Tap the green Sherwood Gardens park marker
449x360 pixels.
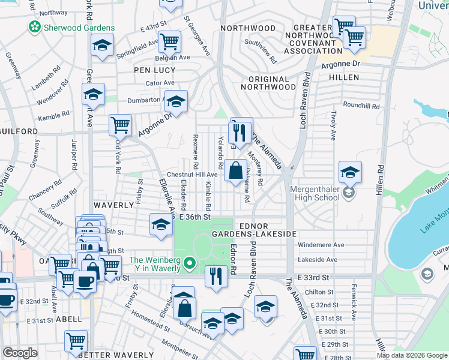[x=34, y=28]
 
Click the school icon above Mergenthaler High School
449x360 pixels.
[x=350, y=173]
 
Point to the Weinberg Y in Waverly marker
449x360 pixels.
[x=190, y=263]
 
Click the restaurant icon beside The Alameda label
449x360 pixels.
[x=240, y=133]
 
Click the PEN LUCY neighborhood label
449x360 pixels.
[x=154, y=70]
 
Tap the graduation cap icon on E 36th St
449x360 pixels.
[x=160, y=224]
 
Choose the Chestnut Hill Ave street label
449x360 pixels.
[x=191, y=174]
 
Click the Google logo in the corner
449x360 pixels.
[x=20, y=352]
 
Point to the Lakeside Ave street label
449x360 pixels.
[x=318, y=260]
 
